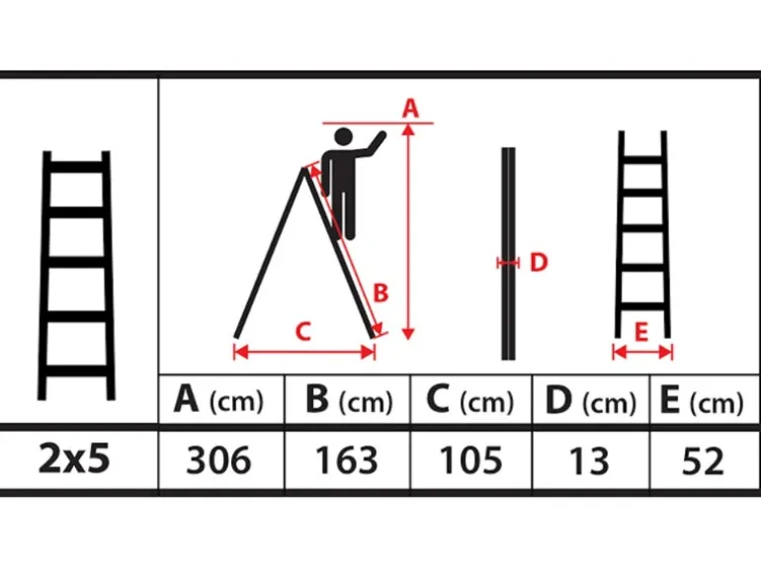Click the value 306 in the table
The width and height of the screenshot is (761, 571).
click(218, 460)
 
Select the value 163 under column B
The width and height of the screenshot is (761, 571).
click(347, 460)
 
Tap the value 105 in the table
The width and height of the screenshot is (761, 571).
click(470, 460)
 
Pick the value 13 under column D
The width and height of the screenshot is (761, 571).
click(589, 460)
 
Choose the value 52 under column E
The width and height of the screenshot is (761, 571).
click(703, 460)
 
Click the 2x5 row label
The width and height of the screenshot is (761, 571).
click(74, 458)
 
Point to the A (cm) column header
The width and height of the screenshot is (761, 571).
click(218, 400)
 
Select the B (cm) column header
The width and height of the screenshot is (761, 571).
click(349, 400)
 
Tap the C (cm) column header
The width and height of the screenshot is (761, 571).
click(469, 400)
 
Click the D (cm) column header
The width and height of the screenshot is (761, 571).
click(590, 401)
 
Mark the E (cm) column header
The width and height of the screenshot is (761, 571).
click(702, 401)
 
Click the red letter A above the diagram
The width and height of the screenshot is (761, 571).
click(410, 108)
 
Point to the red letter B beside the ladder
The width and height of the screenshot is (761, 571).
click(380, 293)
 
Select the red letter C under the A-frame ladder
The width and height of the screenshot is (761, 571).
click(302, 332)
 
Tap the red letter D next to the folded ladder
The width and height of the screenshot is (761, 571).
click(539, 262)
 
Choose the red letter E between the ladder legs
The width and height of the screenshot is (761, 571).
click(641, 332)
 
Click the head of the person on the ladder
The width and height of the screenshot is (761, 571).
click(343, 136)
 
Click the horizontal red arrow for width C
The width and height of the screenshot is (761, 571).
click(304, 353)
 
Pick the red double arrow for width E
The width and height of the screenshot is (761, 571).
click(642, 352)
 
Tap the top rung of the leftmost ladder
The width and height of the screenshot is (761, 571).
click(77, 167)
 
